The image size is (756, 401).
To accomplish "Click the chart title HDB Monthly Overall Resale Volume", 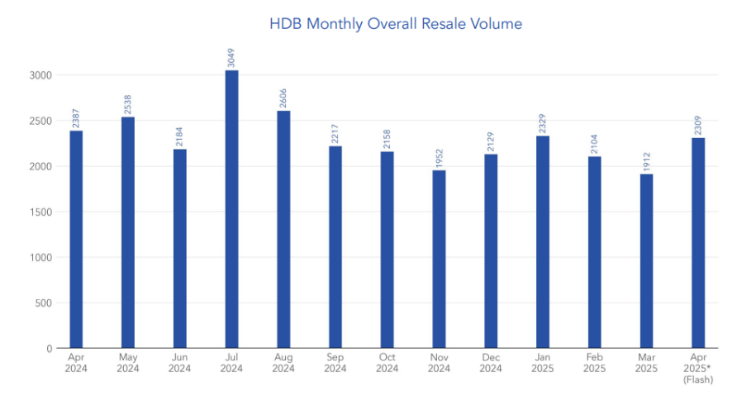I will pyautogui.click(x=396, y=24).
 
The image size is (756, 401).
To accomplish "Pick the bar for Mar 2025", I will pyautogui.click(x=646, y=260).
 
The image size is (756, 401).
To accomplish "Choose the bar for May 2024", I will pyautogui.click(x=128, y=232).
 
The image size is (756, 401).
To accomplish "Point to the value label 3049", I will pyautogui.click(x=231, y=58).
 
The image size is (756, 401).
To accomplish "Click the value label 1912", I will pyautogui.click(x=646, y=161).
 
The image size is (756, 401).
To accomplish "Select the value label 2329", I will pyautogui.click(x=542, y=123).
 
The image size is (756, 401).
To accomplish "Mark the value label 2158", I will pyautogui.click(x=387, y=139).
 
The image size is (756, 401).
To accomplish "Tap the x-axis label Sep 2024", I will pyautogui.click(x=335, y=363).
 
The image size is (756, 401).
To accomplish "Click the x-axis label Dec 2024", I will pyautogui.click(x=490, y=363).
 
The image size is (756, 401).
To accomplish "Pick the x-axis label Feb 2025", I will pyautogui.click(x=594, y=363).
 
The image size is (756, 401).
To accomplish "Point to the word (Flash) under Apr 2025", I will pyautogui.click(x=698, y=380).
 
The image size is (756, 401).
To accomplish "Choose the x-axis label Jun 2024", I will pyautogui.click(x=179, y=363).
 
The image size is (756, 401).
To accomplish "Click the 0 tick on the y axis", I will pyautogui.click(x=49, y=348).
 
